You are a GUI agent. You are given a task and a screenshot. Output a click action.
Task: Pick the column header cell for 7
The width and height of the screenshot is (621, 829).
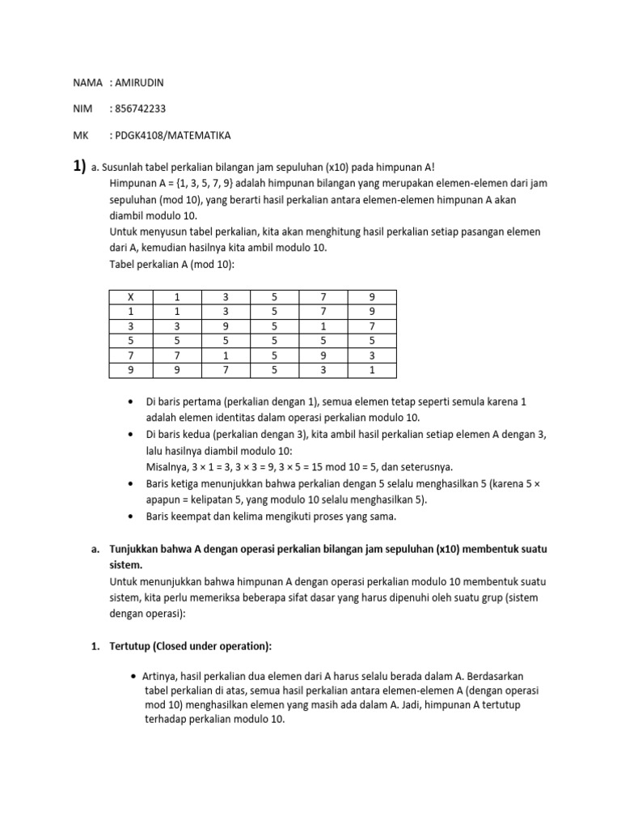pyautogui.click(x=323, y=297)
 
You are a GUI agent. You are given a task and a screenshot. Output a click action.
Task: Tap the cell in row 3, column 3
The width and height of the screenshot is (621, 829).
pyautogui.click(x=227, y=326)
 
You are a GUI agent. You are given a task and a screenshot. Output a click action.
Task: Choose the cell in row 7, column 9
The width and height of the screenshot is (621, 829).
pyautogui.click(x=372, y=356)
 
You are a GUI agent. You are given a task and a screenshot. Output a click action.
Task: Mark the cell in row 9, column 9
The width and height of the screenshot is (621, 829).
pyautogui.click(x=372, y=371)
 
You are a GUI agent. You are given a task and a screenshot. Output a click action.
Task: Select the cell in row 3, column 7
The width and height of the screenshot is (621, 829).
pyautogui.click(x=323, y=326)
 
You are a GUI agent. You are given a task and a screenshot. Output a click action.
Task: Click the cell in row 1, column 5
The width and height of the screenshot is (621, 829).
pyautogui.click(x=275, y=312)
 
